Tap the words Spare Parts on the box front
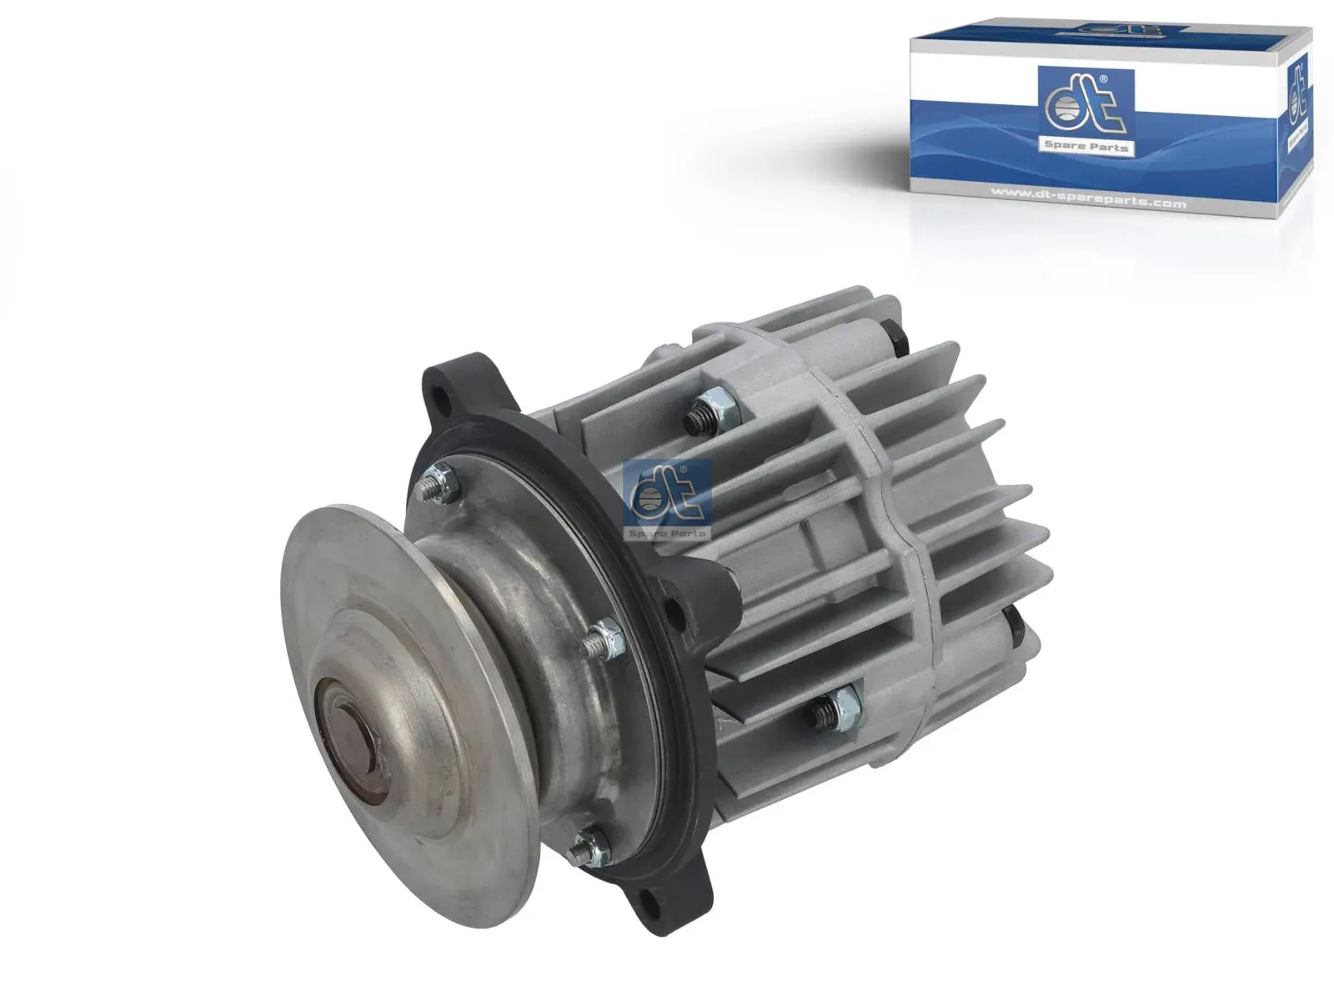coord(1086,147)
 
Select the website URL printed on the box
coord(1088,201)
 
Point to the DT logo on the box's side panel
coord(1297,92)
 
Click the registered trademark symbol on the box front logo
coord(1104,79)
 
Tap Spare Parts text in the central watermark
coord(667,532)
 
